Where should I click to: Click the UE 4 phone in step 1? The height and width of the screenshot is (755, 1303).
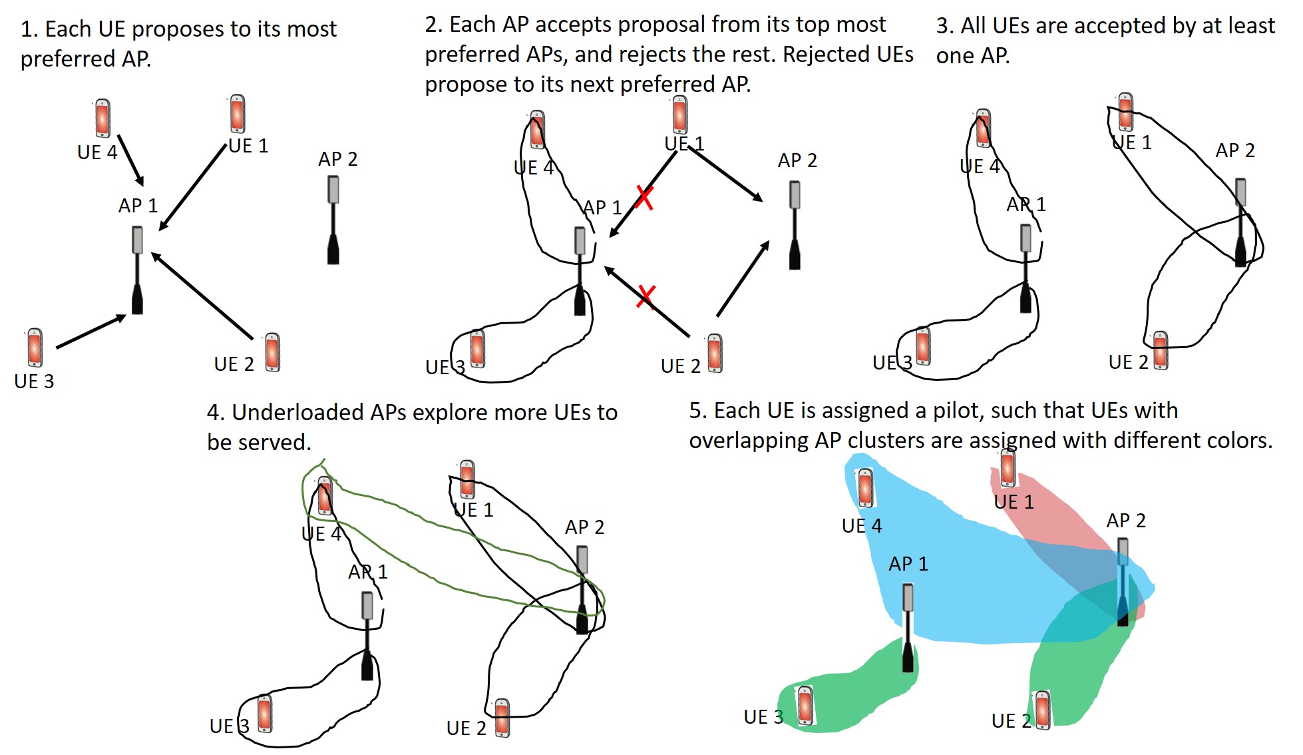pyautogui.click(x=102, y=119)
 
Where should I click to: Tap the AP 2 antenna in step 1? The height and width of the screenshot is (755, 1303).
pyautogui.click(x=333, y=220)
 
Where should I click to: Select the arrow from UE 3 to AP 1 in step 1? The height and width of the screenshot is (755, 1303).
pyautogui.click(x=91, y=332)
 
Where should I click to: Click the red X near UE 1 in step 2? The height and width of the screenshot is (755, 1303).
pyautogui.click(x=644, y=197)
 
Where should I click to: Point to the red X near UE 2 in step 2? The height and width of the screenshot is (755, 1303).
pyautogui.click(x=646, y=296)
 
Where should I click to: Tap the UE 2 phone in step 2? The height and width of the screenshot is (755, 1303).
pyautogui.click(x=715, y=353)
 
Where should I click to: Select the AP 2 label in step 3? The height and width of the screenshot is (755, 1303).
pyautogui.click(x=1234, y=150)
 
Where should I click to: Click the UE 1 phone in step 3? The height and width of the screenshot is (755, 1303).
pyautogui.click(x=1125, y=112)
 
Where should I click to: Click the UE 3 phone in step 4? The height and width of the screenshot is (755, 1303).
pyautogui.click(x=264, y=713)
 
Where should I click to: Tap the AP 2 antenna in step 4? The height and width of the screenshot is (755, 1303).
pyautogui.click(x=582, y=589)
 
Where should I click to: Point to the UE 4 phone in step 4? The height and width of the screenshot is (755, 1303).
pyautogui.click(x=325, y=497)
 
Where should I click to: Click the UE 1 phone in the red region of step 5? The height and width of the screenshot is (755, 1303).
pyautogui.click(x=1008, y=467)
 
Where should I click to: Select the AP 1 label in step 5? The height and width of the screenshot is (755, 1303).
pyautogui.click(x=908, y=564)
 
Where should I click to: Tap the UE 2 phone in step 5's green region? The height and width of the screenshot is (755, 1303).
pyautogui.click(x=1042, y=710)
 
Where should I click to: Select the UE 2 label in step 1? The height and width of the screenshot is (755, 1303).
pyautogui.click(x=234, y=364)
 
